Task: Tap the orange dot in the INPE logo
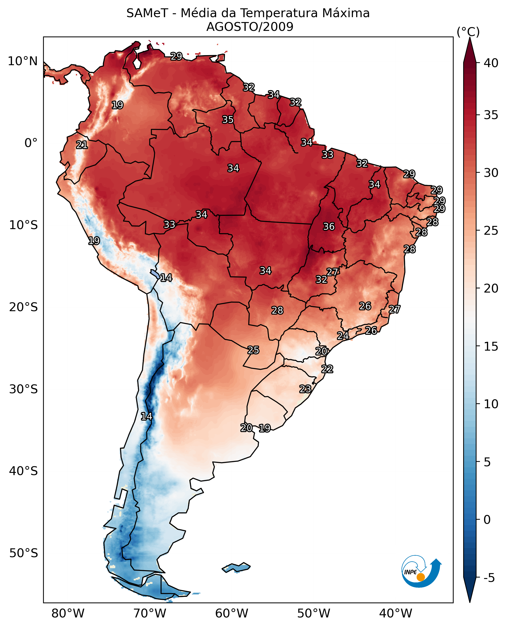[421, 577]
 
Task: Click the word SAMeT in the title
[147, 13]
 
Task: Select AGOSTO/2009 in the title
[249, 27]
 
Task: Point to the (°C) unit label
[468, 32]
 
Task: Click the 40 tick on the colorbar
[491, 63]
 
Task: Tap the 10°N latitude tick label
[23, 61]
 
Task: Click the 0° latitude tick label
[31, 143]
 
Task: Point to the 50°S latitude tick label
[23, 553]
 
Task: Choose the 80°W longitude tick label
[68, 614]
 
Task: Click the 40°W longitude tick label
[396, 614]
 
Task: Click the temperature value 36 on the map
[329, 226]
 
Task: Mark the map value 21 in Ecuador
[82, 145]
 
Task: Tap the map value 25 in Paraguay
[253, 350]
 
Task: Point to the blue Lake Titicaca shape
[155, 274]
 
